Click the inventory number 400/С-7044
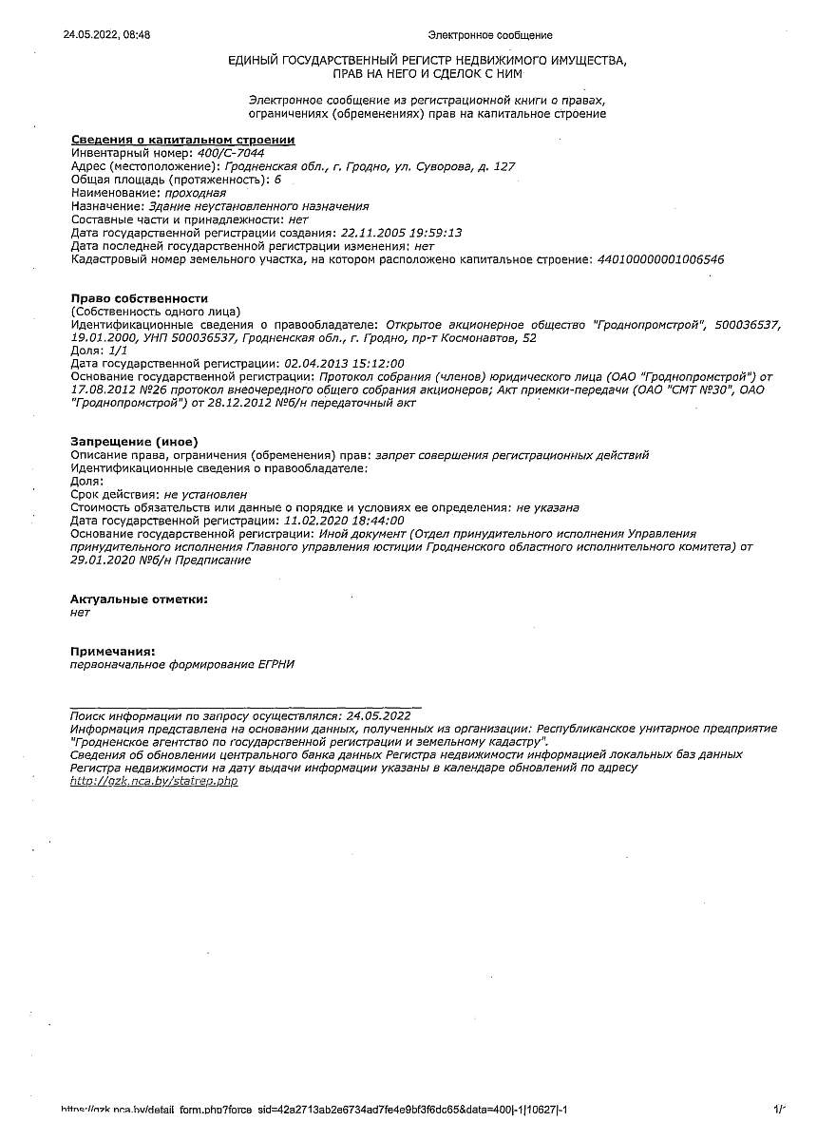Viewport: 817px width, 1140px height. (x=230, y=153)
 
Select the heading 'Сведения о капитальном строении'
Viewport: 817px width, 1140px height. (x=182, y=140)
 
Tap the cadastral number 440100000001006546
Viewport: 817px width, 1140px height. (x=659, y=258)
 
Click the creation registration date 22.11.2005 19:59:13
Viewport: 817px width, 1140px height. (x=400, y=232)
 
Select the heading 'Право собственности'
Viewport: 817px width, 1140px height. (x=139, y=298)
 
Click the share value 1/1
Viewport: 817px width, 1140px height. (x=119, y=351)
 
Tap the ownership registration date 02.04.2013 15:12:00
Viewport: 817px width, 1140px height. (x=344, y=364)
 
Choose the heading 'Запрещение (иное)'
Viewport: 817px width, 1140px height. (x=134, y=442)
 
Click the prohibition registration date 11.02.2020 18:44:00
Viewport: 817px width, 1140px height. (x=344, y=521)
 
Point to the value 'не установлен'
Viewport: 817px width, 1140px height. (x=205, y=494)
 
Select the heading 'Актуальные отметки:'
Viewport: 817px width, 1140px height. (x=139, y=599)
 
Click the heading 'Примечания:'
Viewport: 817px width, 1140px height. (x=112, y=652)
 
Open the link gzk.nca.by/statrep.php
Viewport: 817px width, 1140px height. (x=154, y=781)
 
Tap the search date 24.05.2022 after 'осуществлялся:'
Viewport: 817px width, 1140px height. (x=378, y=715)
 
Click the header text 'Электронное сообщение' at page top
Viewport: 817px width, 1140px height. (x=489, y=35)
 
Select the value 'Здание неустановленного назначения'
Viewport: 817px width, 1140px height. (x=258, y=205)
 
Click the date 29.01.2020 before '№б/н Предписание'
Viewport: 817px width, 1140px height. (x=103, y=560)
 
